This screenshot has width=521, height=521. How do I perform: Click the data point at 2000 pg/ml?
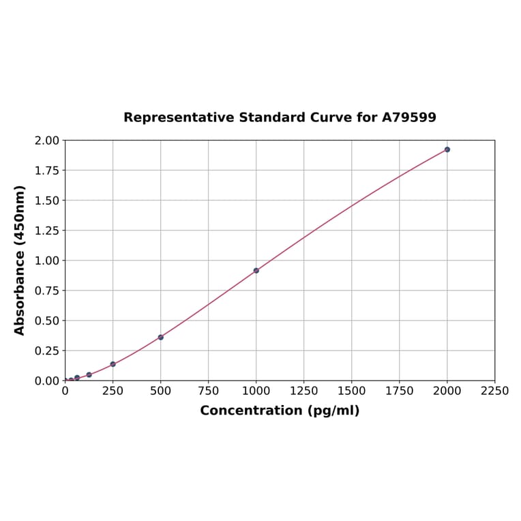[447, 149]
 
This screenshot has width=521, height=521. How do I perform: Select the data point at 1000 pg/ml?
[256, 271]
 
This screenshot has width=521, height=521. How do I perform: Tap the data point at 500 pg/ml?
[161, 337]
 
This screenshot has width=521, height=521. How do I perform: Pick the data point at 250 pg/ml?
[113, 364]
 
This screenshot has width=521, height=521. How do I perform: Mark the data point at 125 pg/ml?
[89, 374]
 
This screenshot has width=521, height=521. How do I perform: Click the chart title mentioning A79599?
[280, 117]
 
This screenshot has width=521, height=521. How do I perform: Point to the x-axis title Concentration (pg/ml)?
[280, 411]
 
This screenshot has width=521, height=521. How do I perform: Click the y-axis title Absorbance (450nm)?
[20, 260]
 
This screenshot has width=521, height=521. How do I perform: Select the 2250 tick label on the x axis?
[494, 391]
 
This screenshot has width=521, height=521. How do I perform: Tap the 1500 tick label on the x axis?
[352, 391]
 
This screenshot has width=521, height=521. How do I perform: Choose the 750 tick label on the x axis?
[209, 391]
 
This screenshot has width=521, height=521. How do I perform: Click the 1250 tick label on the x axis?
[304, 391]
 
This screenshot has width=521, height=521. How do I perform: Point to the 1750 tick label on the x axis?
[400, 391]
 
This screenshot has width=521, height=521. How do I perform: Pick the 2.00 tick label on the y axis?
[47, 140]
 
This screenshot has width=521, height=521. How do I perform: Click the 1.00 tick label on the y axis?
[47, 260]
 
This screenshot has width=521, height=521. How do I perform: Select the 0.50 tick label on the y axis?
[47, 321]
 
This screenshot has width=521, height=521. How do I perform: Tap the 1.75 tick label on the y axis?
[47, 170]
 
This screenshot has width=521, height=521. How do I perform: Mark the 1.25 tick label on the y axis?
[47, 230]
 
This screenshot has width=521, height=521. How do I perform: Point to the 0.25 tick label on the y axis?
[47, 351]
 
